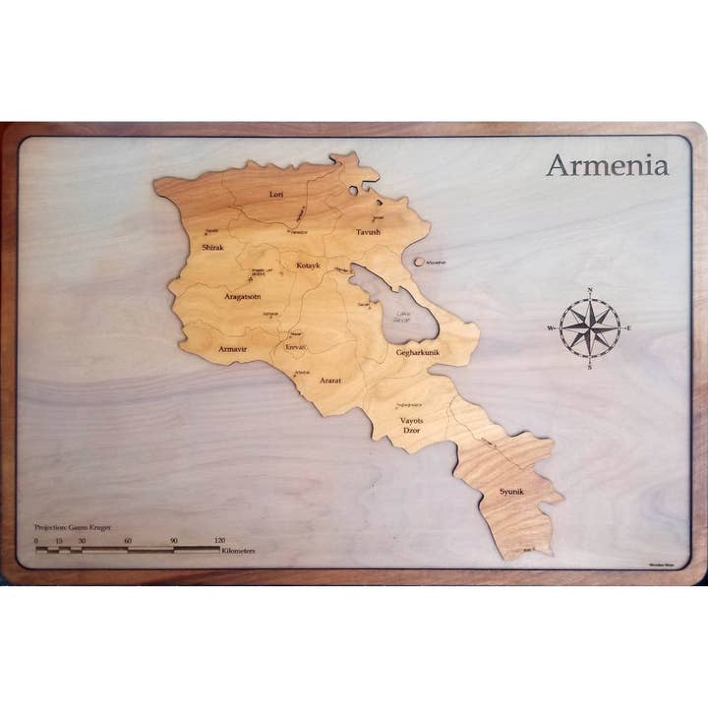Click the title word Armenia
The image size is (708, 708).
pyautogui.click(x=607, y=165)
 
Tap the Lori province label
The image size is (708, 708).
pyautogui.click(x=276, y=195)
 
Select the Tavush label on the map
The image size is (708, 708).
pyautogui.click(x=368, y=233)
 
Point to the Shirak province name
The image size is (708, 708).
pyautogui.click(x=213, y=247)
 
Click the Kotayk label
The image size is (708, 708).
pyautogui.click(x=308, y=265)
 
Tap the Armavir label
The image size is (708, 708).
pyautogui.click(x=232, y=349)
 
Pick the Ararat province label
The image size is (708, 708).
pyautogui.click(x=329, y=378)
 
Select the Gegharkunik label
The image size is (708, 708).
pyautogui.click(x=417, y=352)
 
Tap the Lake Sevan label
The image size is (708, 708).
pyautogui.click(x=401, y=318)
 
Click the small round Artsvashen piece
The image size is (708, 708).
pyautogui.click(x=420, y=263)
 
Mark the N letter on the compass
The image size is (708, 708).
pyautogui.click(x=590, y=290)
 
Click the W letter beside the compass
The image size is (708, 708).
pyautogui.click(x=551, y=327)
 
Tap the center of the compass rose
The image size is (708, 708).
pyautogui.click(x=590, y=327)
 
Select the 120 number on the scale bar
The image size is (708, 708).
pyautogui.click(x=219, y=541)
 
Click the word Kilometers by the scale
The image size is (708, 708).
pyautogui.click(x=239, y=552)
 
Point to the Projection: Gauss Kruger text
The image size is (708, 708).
pyautogui.click(x=73, y=528)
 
